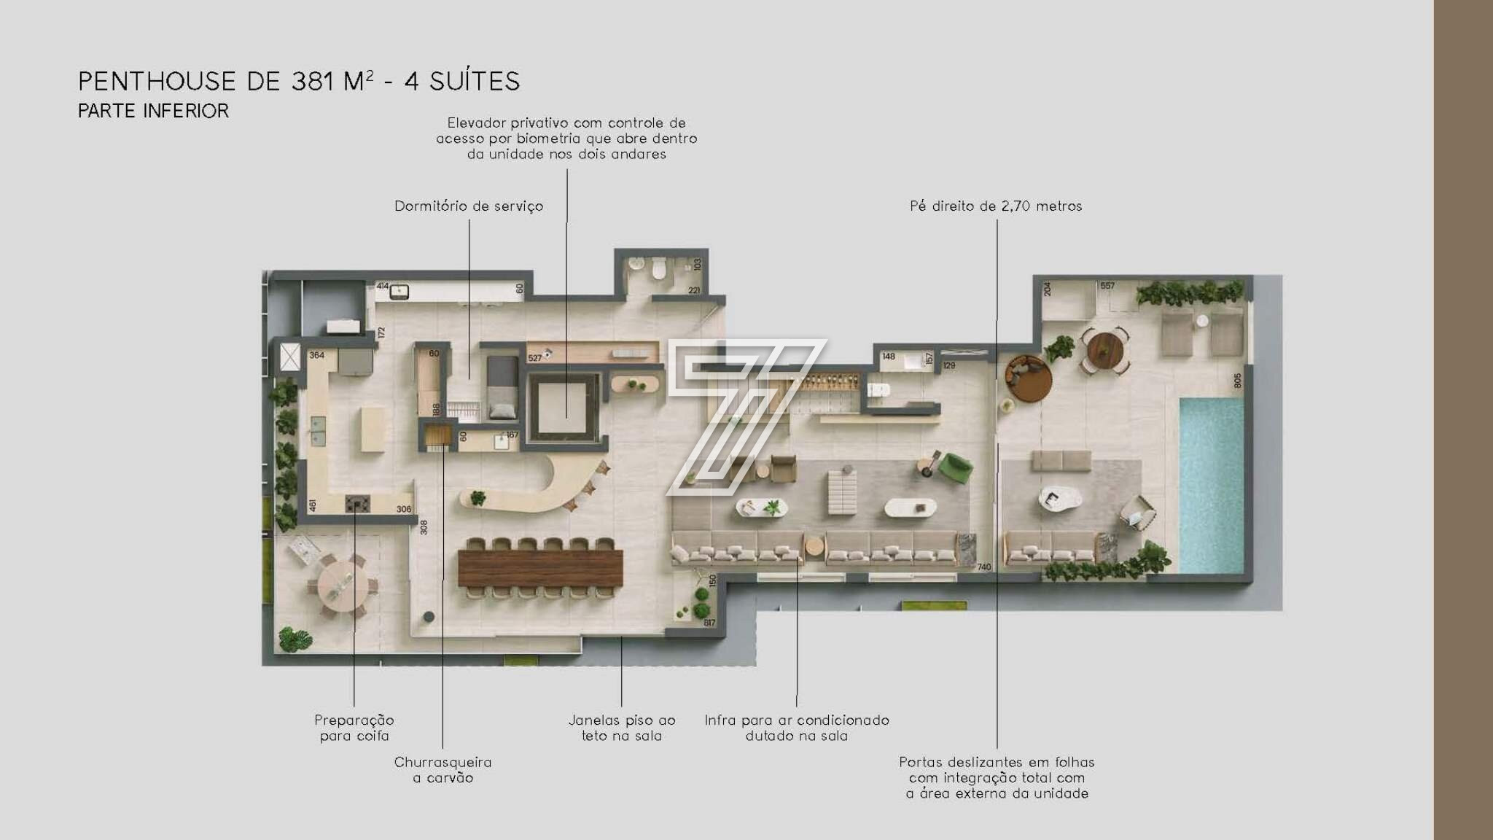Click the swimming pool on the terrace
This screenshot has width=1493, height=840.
(1211, 485)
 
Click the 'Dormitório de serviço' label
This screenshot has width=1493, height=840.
(469, 206)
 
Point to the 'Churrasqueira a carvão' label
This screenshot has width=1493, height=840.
(443, 770)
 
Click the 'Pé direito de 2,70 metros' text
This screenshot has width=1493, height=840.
(996, 206)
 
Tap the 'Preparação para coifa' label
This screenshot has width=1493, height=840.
(354, 728)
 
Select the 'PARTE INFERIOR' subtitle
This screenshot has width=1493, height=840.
(153, 111)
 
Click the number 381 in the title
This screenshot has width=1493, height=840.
(313, 81)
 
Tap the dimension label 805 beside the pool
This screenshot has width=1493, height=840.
(1238, 381)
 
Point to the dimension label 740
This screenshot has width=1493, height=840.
(983, 567)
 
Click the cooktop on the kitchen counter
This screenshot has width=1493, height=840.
(357, 503)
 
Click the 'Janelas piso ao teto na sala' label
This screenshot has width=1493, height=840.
(622, 728)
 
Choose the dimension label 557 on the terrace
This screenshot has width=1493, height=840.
(1107, 286)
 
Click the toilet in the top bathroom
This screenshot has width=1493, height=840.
(659, 269)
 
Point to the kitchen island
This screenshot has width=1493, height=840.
(373, 429)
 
